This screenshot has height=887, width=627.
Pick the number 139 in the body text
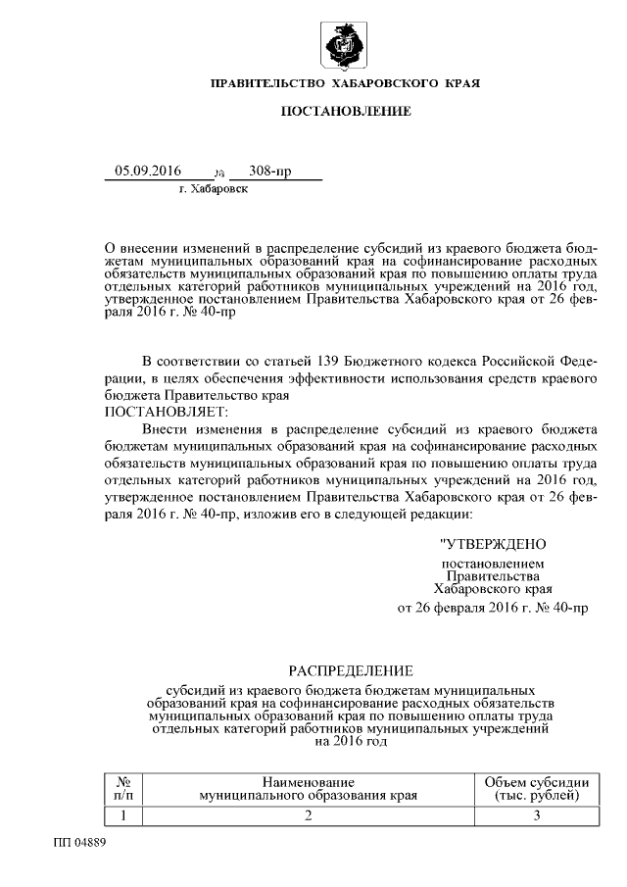(x=319, y=354)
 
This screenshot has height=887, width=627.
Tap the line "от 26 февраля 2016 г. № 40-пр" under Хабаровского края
(x=492, y=608)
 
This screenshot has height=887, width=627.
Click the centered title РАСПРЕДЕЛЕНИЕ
(x=351, y=670)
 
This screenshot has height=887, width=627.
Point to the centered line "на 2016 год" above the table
(x=351, y=742)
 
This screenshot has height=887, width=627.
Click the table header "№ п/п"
(x=124, y=788)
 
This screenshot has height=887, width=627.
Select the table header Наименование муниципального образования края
(x=308, y=788)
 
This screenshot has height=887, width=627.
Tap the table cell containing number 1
(x=124, y=815)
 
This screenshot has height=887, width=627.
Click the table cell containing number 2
(x=308, y=815)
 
